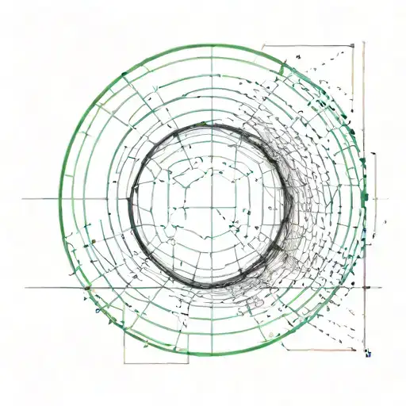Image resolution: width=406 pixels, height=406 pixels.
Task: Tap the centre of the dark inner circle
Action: (x=209, y=202)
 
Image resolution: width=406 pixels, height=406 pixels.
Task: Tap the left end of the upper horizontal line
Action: (x=22, y=198)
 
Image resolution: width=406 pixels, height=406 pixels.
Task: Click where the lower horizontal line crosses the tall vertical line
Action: (x=364, y=288)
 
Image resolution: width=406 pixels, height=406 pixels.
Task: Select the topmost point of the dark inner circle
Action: (x=208, y=123)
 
